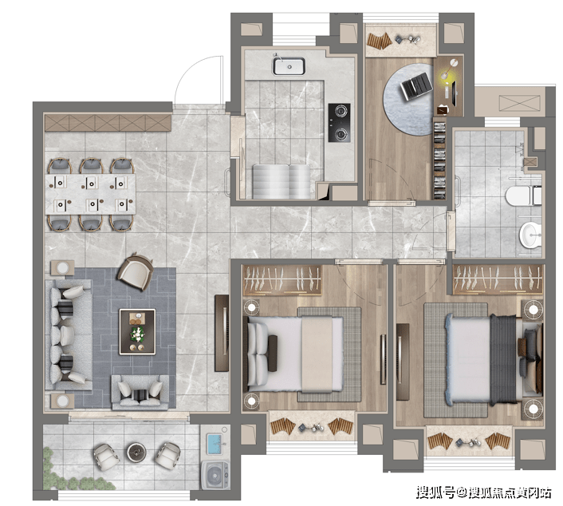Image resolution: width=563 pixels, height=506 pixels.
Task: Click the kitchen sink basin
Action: (x=289, y=66)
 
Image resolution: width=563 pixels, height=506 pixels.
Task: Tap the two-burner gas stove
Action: (x=339, y=123)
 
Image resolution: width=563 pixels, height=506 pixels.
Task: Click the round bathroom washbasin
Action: (x=530, y=235)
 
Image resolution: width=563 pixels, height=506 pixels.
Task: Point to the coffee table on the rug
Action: (x=137, y=332)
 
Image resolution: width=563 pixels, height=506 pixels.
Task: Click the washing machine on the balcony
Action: (x=215, y=474)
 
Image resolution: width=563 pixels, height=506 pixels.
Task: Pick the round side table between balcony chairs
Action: (x=137, y=453)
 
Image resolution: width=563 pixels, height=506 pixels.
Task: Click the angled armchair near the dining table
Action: (x=136, y=271)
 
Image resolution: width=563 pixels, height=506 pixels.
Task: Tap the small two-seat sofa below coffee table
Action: (x=140, y=393)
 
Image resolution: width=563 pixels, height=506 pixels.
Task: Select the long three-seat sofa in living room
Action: (x=69, y=335)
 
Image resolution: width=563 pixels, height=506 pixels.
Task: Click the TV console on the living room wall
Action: (x=222, y=333)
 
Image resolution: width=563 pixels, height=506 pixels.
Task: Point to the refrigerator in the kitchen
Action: (x=281, y=181)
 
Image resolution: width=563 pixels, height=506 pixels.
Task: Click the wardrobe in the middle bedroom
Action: (x=281, y=280)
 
